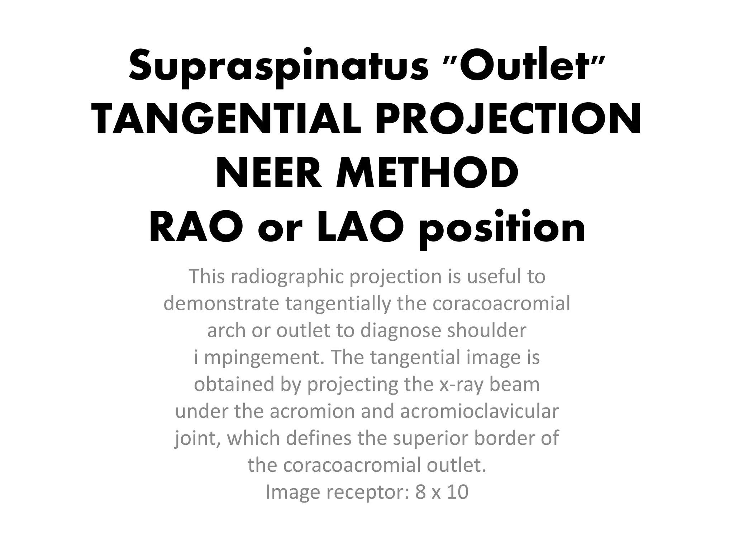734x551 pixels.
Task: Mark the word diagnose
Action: point(401,331)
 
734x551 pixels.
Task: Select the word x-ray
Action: point(461,385)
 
